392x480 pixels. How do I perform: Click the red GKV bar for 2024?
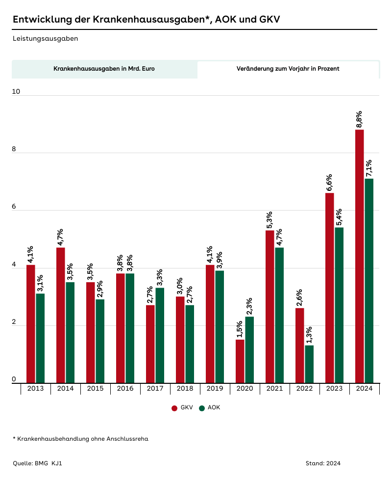(x=360, y=256)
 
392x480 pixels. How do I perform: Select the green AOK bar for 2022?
(x=309, y=364)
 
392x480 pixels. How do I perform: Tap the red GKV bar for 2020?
(x=240, y=361)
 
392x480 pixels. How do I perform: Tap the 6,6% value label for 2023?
(x=329, y=183)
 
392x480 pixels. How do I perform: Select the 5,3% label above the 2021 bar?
(x=269, y=220)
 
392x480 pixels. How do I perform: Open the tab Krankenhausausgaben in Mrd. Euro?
(x=104, y=69)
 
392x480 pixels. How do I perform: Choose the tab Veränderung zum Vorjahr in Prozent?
(x=288, y=69)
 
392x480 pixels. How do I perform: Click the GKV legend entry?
(x=182, y=407)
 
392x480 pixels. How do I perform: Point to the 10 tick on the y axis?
(x=16, y=92)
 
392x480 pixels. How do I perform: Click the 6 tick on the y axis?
(x=14, y=207)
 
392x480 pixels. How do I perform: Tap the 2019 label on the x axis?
(x=215, y=389)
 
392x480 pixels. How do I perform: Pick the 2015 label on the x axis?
(x=95, y=389)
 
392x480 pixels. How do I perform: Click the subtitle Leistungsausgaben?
(x=45, y=38)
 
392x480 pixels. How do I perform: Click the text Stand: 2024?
(x=322, y=463)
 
